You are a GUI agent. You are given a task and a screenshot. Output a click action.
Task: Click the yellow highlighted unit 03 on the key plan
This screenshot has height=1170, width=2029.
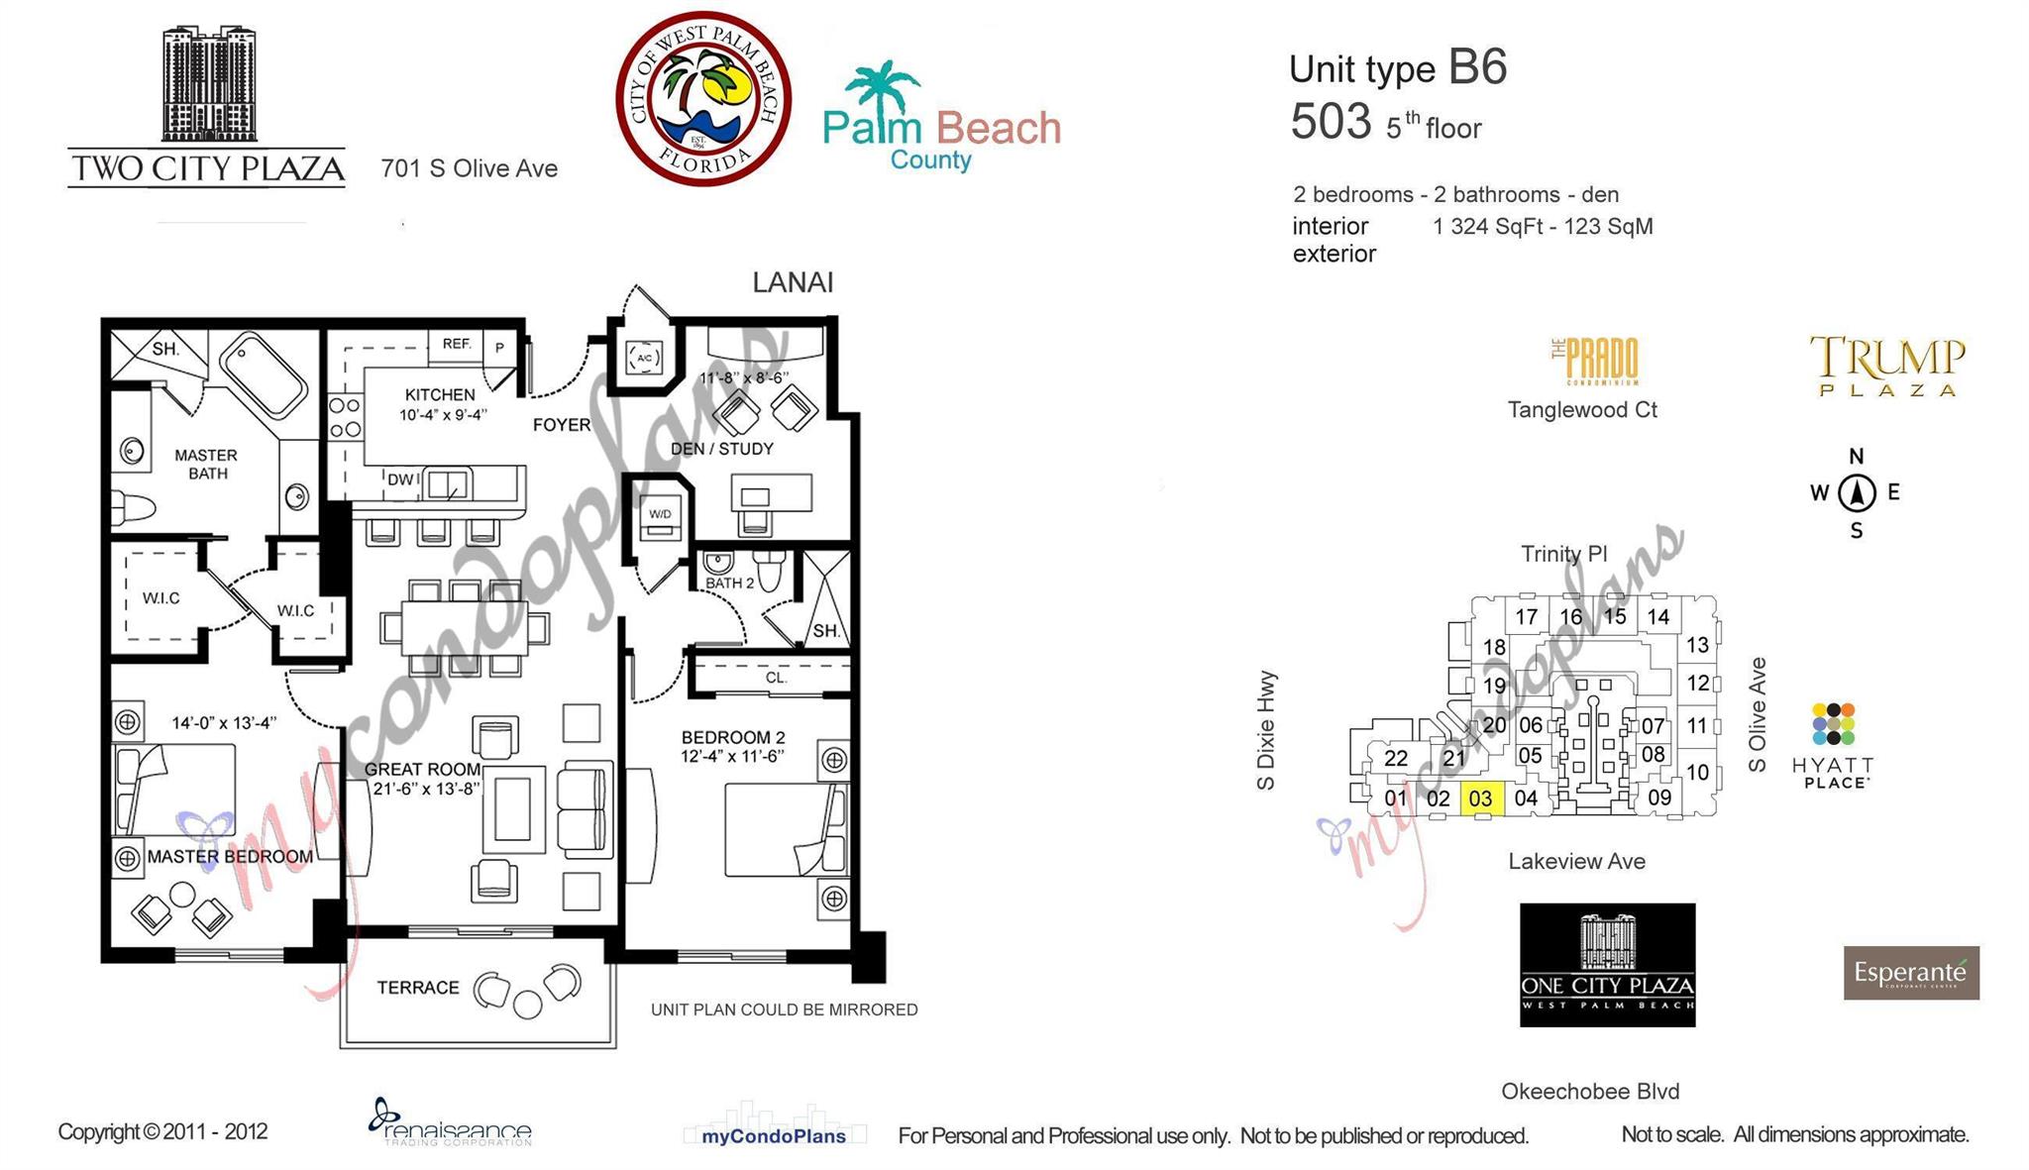[1481, 798]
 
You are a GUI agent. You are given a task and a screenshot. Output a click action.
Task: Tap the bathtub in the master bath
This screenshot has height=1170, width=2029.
[264, 377]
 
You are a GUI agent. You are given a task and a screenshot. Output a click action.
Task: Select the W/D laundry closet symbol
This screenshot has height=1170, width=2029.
[660, 516]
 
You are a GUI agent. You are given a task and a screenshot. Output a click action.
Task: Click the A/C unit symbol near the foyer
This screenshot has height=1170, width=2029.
[644, 358]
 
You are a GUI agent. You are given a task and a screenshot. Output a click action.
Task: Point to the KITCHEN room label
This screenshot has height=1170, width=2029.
[440, 394]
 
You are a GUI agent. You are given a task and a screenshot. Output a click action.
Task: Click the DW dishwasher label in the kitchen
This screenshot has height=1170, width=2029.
[400, 479]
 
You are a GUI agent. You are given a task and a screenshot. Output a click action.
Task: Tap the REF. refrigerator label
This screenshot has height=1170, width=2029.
[457, 344]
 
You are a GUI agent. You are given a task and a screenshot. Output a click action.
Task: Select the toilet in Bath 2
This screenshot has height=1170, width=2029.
[770, 570]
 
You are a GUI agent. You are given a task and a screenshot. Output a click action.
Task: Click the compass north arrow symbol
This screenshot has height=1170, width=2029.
[1857, 492]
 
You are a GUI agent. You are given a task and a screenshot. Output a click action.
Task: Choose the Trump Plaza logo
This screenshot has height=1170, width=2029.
[1887, 366]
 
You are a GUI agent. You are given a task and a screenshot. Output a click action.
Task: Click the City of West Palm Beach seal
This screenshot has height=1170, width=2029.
[703, 98]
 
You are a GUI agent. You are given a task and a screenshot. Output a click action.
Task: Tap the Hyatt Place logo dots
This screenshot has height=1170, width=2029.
[1833, 724]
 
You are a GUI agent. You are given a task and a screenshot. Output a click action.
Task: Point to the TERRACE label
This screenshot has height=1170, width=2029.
[417, 988]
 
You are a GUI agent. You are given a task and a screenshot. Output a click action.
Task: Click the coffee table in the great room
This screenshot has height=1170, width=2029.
[513, 808]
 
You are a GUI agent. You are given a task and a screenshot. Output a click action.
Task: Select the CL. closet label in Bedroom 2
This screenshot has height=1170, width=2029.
[776, 678]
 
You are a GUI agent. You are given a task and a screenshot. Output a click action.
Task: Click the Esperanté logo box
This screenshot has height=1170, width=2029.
[1911, 973]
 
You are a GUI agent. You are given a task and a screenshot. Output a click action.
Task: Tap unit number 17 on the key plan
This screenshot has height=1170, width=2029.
[1526, 616]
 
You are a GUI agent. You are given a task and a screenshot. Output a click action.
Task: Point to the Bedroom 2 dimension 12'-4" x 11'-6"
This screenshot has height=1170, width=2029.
[732, 756]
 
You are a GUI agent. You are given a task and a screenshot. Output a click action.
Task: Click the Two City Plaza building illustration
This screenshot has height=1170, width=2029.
[209, 84]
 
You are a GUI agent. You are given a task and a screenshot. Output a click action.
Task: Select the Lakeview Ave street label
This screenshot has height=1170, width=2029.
[1576, 861]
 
